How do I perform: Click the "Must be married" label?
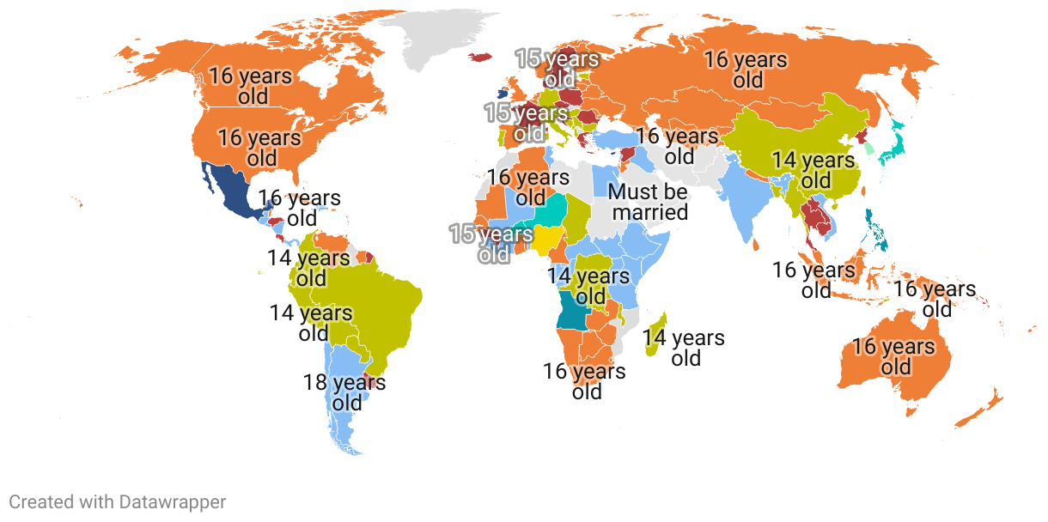(649, 202)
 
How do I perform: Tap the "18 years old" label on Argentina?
(344, 392)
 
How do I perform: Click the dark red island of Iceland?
(480, 58)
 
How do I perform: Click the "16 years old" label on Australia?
(894, 357)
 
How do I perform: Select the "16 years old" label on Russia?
(746, 70)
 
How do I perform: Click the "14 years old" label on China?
(813, 170)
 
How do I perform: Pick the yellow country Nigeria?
(546, 238)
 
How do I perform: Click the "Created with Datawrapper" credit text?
(118, 501)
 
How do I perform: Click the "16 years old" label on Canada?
(251, 86)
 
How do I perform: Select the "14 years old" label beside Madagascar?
(684, 348)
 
